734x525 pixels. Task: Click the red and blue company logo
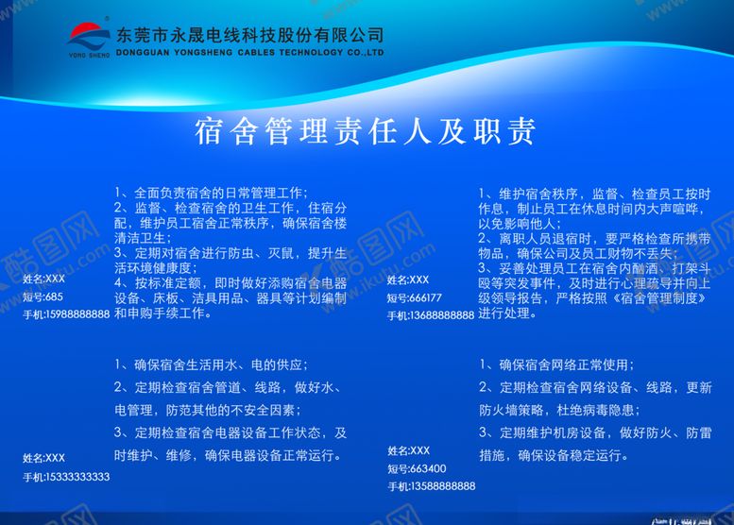tap(90, 37)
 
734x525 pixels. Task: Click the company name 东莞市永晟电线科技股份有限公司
tap(249, 35)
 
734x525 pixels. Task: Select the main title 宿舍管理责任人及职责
tap(366, 131)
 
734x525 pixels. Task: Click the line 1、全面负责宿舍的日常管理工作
tap(211, 192)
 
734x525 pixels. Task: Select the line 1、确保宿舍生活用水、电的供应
tap(211, 364)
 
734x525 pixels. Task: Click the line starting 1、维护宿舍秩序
tap(594, 194)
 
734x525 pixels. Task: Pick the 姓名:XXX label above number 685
tap(43, 279)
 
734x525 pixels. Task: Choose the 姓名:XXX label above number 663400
tap(408, 450)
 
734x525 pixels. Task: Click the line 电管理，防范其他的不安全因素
tap(207, 410)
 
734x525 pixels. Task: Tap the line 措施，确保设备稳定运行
tap(554, 455)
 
